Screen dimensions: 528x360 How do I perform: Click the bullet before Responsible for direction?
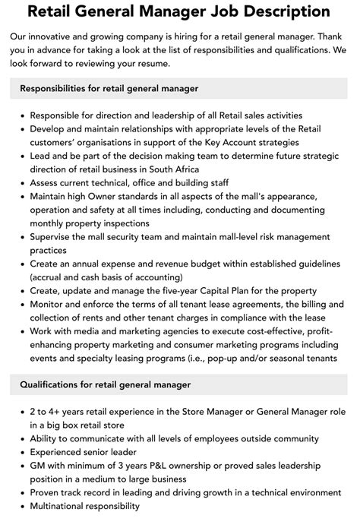[22, 115]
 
